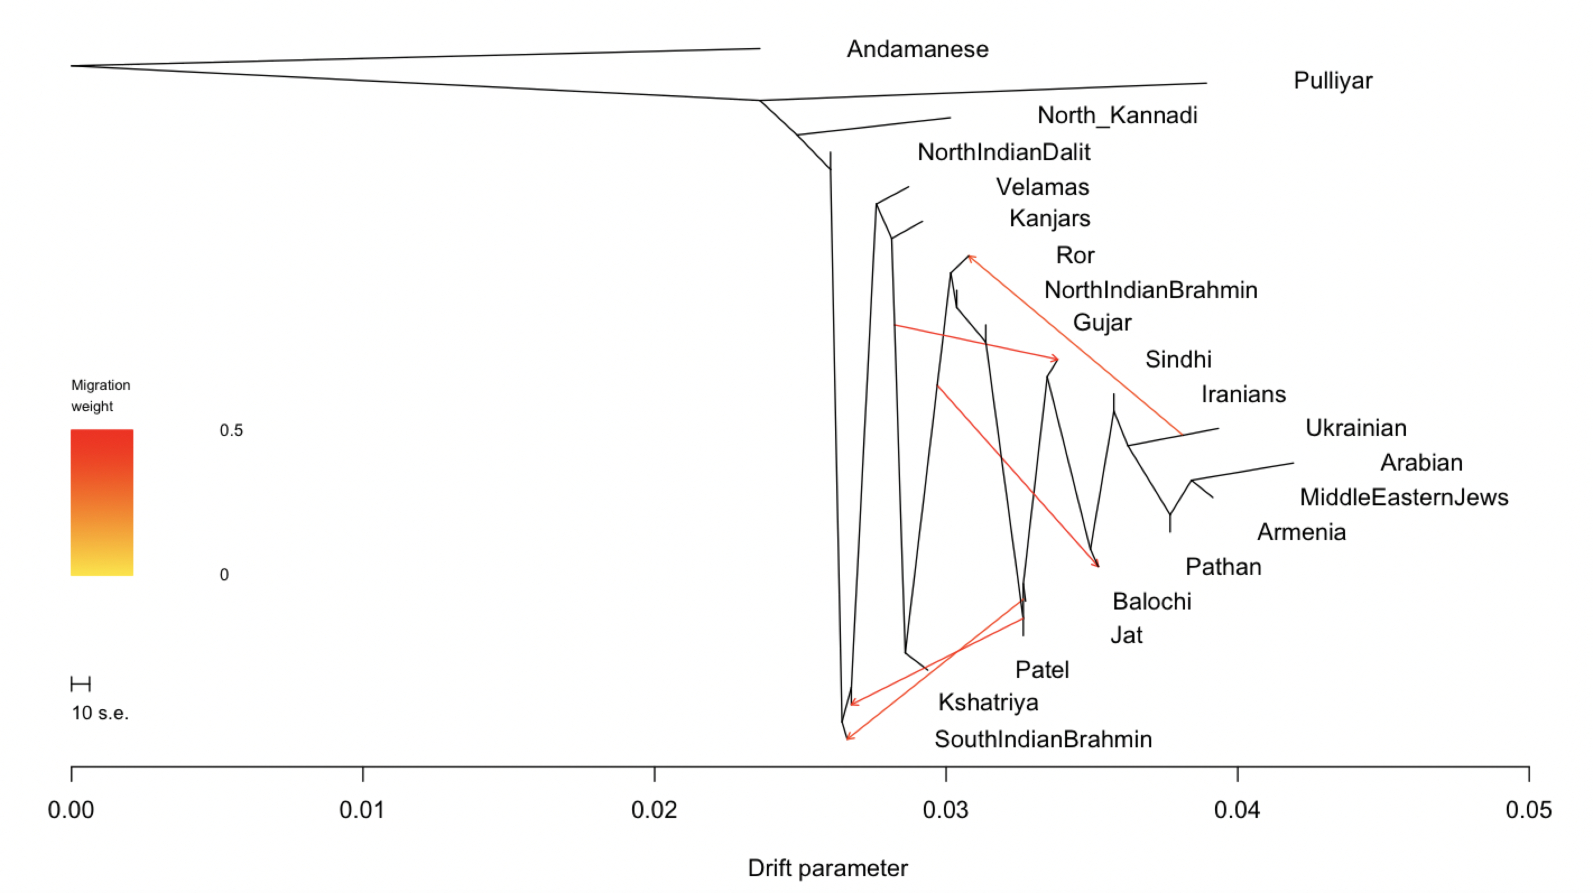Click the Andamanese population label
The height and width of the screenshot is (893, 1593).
(x=917, y=49)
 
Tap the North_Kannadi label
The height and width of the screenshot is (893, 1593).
(x=1117, y=115)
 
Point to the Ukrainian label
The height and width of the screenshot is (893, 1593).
(x=1355, y=427)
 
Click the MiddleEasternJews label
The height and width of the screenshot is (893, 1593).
(x=1404, y=497)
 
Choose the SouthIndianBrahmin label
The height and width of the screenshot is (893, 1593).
(x=1043, y=739)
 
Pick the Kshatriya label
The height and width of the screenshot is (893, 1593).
(x=988, y=703)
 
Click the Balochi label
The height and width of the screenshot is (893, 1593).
(x=1151, y=601)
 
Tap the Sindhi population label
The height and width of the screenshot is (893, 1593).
(x=1178, y=359)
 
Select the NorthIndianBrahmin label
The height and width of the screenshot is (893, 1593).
(x=1150, y=290)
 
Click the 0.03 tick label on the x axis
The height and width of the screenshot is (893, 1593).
(x=946, y=810)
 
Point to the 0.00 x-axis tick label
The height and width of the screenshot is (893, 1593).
(x=71, y=810)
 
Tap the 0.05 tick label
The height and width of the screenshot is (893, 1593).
(x=1528, y=810)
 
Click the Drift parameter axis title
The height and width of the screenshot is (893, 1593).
(x=827, y=868)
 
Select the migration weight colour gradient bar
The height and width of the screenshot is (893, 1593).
(x=102, y=503)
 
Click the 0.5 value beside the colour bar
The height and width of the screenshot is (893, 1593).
(x=231, y=430)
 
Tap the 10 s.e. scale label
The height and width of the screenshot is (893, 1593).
(x=100, y=713)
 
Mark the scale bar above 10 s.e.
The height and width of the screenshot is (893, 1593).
(x=80, y=684)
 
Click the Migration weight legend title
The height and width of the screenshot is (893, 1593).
(x=100, y=396)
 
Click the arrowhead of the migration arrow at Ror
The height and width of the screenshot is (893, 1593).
(x=970, y=257)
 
